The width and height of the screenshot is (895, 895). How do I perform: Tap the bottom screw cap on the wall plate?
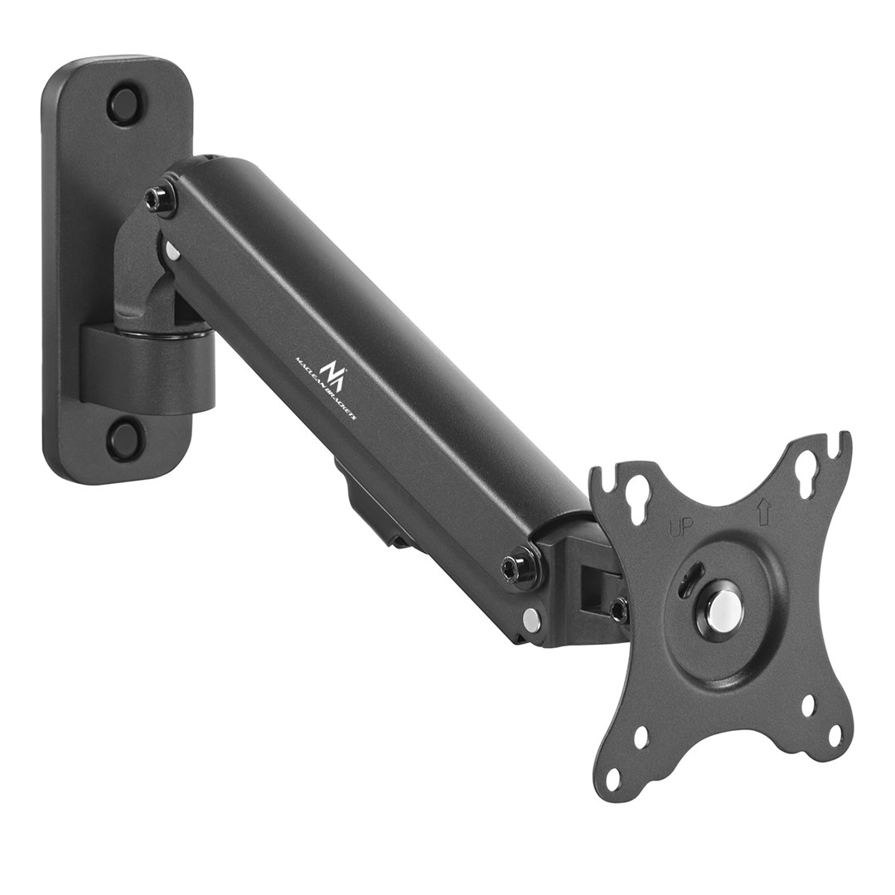pyautogui.click(x=125, y=438)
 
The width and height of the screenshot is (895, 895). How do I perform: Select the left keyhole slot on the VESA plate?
pyautogui.click(x=637, y=498)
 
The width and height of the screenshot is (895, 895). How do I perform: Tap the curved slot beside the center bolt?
pyautogui.click(x=687, y=580)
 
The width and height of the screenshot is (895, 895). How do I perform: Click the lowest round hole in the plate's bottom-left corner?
pyautogui.click(x=613, y=779)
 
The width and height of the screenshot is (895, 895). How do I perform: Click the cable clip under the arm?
pyautogui.click(x=369, y=506)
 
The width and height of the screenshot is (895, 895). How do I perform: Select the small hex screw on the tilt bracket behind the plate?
pyautogui.click(x=617, y=611)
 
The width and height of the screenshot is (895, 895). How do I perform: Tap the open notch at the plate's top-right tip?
pyautogui.click(x=843, y=438)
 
